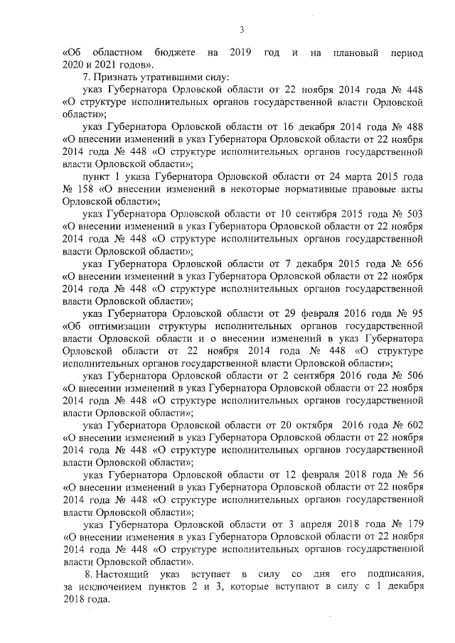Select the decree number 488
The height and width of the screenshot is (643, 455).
click(413, 126)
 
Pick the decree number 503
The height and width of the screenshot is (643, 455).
click(413, 214)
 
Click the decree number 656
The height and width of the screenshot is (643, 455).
click(413, 264)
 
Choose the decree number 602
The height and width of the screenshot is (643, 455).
click(413, 425)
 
